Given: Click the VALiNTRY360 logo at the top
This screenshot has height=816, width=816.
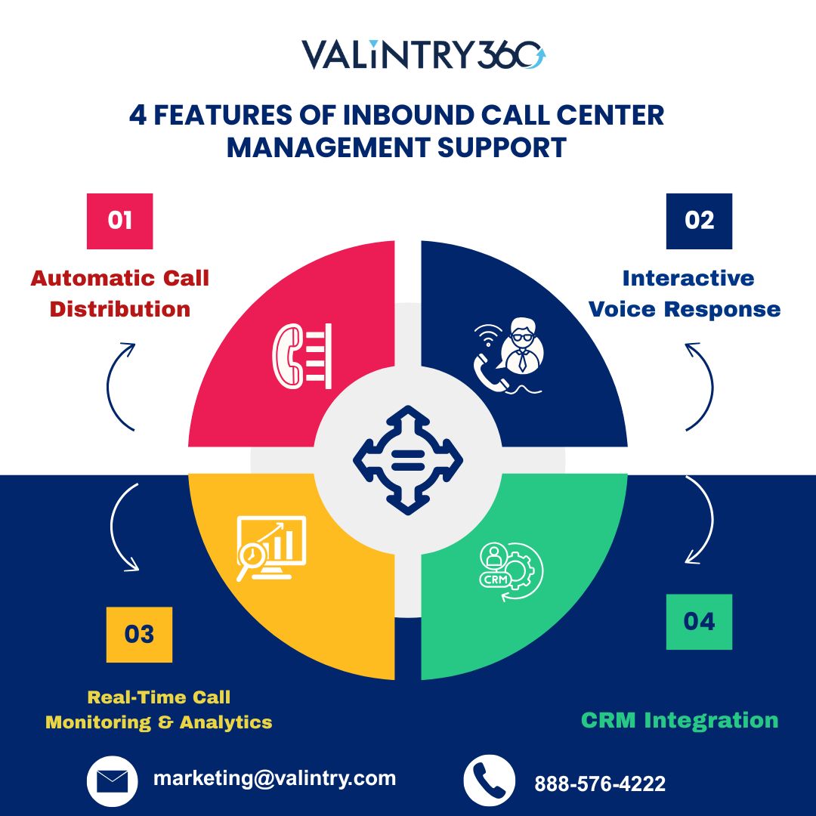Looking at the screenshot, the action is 424,54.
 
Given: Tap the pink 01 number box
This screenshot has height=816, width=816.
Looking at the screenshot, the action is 119,221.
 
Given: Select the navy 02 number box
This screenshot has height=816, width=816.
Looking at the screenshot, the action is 699,221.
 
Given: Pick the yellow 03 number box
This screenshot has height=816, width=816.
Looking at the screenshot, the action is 139,635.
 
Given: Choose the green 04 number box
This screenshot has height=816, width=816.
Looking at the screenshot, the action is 699,622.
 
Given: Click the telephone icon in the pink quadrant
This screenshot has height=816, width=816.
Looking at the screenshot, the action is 301,356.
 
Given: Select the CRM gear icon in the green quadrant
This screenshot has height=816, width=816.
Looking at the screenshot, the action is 511,571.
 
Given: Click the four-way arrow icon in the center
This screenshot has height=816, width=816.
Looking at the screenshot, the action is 408,460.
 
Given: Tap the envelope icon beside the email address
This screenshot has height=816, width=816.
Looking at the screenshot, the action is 112,781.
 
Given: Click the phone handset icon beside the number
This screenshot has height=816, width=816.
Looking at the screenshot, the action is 489,781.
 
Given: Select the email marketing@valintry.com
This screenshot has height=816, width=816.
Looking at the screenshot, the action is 274,778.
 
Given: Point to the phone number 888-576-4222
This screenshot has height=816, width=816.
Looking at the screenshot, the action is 600,784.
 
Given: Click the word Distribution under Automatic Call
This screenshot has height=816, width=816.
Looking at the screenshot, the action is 119,309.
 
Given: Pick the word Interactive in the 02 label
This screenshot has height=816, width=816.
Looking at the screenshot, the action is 688,278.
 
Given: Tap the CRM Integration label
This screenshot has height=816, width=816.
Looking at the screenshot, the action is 679,721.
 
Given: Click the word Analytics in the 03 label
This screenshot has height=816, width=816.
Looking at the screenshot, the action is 226,722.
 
